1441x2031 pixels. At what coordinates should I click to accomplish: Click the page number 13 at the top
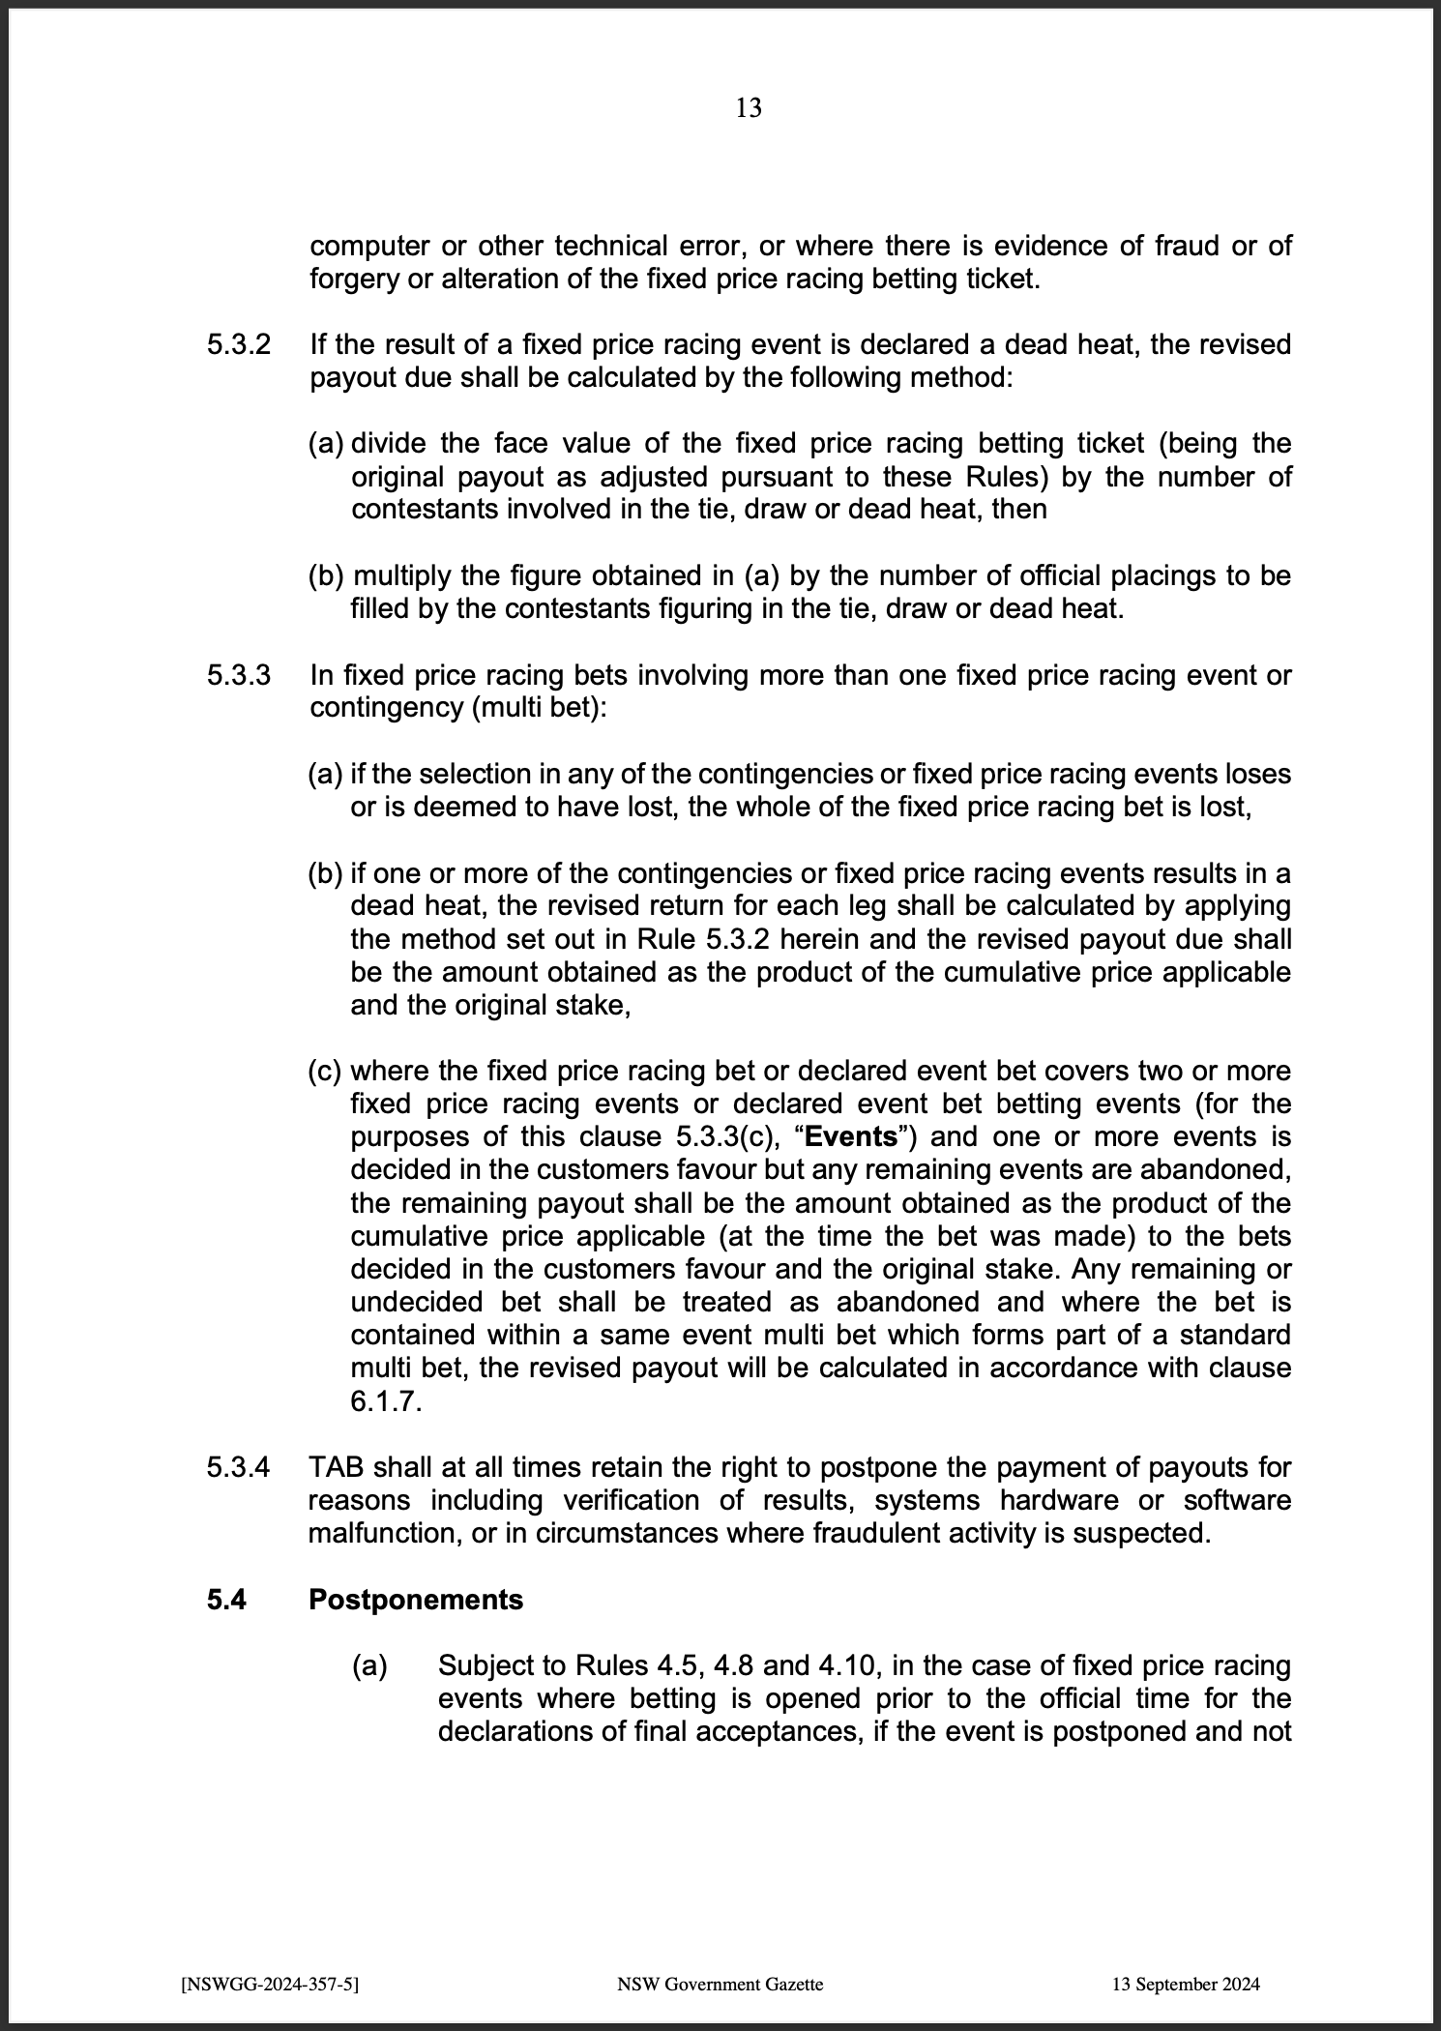749,108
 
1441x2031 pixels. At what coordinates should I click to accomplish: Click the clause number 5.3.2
238,345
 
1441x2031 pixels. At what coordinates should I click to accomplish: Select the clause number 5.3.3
238,675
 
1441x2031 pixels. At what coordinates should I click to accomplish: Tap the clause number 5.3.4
238,1467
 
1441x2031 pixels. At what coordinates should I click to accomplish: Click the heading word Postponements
416,1600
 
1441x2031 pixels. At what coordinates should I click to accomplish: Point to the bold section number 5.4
226,1600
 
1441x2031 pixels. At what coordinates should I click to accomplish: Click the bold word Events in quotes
851,1136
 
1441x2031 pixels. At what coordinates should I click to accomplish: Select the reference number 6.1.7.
386,1401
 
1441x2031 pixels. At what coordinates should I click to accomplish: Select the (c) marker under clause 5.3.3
325,1072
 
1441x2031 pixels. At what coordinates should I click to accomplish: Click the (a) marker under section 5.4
368,1665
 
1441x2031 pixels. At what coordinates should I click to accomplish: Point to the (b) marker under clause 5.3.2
326,576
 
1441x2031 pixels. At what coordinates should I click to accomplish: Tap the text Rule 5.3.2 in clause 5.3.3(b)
705,939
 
